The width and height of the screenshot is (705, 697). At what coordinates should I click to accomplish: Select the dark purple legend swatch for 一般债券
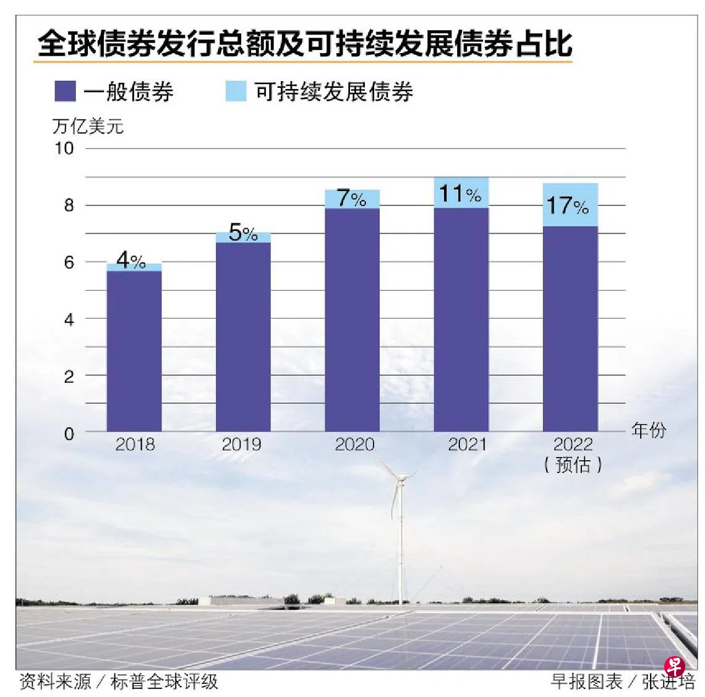click(65, 91)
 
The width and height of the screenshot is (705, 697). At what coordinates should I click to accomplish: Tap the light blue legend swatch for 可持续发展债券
click(236, 91)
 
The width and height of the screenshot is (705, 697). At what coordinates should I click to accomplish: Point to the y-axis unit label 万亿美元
click(88, 126)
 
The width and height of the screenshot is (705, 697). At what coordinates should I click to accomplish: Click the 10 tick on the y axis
click(64, 148)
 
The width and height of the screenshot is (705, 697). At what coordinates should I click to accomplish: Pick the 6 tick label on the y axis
click(69, 262)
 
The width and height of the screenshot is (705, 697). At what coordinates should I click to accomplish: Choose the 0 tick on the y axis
click(69, 434)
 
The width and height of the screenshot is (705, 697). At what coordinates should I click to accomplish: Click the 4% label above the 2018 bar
click(130, 260)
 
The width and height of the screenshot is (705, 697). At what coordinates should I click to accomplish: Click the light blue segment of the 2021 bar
click(461, 193)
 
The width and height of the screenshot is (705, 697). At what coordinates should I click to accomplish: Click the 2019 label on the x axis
click(241, 444)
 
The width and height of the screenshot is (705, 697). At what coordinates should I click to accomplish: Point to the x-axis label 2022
click(573, 444)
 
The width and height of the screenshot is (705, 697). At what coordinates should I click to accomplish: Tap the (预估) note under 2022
click(573, 464)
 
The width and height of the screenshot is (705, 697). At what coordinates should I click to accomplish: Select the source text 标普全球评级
click(164, 682)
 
